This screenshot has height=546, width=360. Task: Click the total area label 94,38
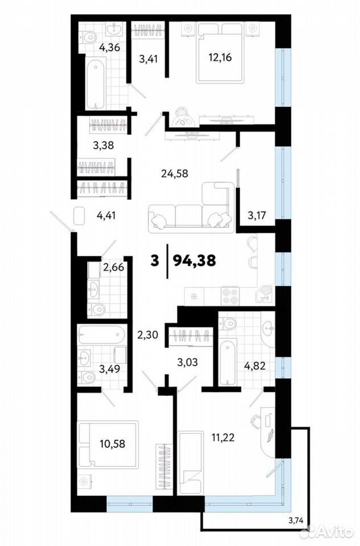(195, 260)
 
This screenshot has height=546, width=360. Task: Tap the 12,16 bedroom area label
(220, 57)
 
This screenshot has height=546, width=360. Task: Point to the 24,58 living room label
(175, 173)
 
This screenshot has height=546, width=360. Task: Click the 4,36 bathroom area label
(109, 47)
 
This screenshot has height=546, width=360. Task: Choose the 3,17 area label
(256, 215)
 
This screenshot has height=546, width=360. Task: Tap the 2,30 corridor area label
(148, 335)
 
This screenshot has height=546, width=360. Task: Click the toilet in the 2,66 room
(96, 308)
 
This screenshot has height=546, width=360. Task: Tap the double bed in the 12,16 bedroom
(220, 53)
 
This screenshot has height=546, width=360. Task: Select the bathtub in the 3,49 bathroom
(101, 335)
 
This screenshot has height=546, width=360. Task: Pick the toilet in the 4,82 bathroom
(227, 322)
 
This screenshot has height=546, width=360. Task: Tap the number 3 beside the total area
(155, 260)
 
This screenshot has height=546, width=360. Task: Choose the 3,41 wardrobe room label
(148, 59)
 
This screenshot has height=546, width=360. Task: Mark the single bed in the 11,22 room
(190, 462)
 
